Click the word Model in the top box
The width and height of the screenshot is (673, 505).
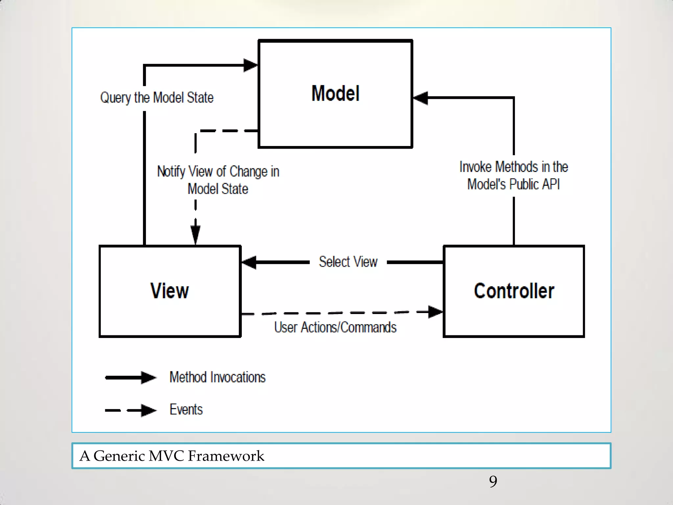tap(335, 93)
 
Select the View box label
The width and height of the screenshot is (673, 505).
tap(170, 291)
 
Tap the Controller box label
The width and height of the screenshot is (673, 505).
tap(514, 291)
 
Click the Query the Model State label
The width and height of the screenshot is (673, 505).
tap(157, 98)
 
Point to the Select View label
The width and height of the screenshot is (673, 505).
tap(348, 262)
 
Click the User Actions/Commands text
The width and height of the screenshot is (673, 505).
tap(335, 327)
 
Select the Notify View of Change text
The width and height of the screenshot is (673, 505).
tap(218, 172)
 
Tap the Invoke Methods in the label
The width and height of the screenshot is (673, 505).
tap(513, 167)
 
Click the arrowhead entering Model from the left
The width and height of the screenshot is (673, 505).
tap(250, 65)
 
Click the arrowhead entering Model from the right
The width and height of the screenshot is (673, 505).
tap(421, 98)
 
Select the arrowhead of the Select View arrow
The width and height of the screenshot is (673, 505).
tap(249, 262)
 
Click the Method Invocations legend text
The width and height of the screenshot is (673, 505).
tap(217, 377)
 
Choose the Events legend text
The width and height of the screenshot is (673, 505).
tap(186, 410)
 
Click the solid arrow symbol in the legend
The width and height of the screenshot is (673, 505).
tap(131, 377)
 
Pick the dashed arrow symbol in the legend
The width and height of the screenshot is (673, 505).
tap(131, 410)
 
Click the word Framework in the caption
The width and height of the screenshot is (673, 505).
tap(226, 456)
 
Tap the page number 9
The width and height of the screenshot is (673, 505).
tap(493, 482)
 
